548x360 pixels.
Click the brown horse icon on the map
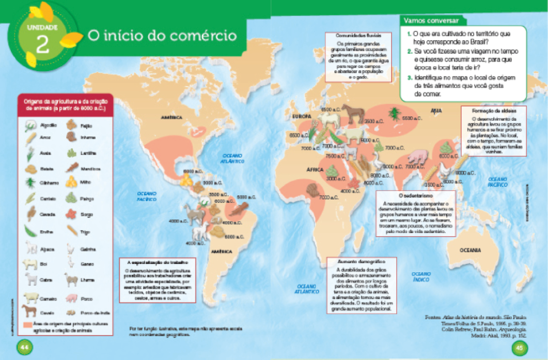point(353,113)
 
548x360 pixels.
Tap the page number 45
point(520,346)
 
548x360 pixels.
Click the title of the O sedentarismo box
point(416,196)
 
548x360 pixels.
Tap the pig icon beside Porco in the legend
point(72,298)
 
